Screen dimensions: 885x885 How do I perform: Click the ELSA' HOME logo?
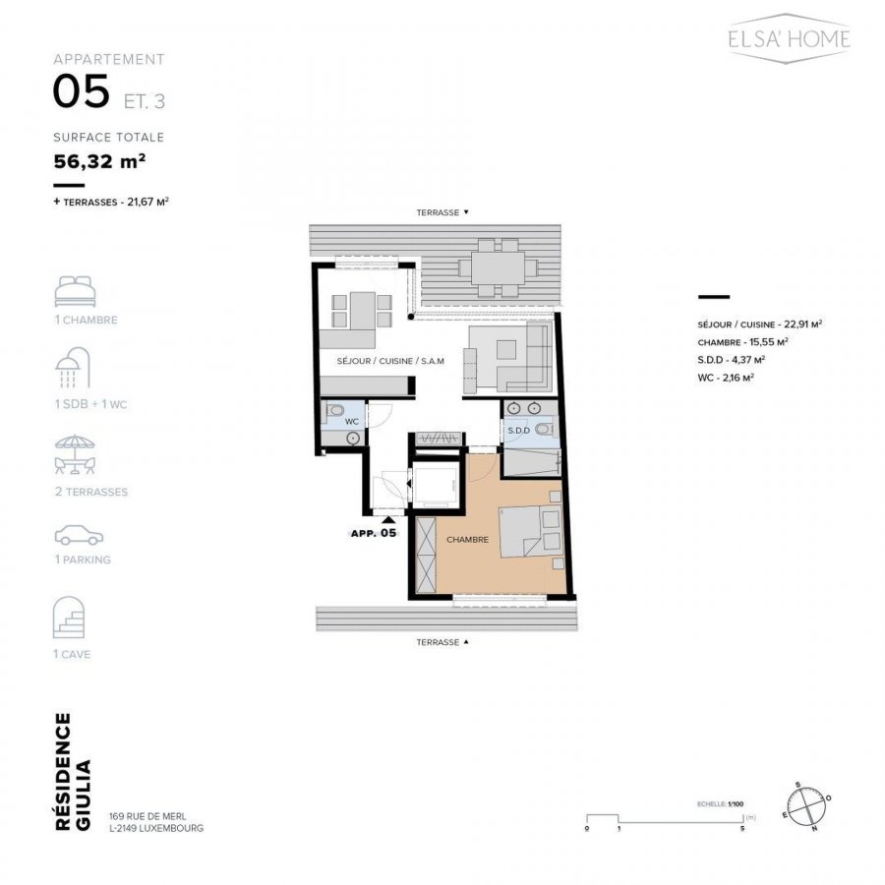tap(789, 38)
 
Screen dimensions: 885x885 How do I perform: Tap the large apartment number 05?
tap(82, 91)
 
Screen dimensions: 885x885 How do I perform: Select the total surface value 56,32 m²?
tap(100, 161)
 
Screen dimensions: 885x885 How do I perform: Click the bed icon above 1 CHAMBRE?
tap(75, 291)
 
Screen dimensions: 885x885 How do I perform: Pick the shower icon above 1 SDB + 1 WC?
tap(73, 368)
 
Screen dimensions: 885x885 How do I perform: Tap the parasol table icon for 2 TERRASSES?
tap(75, 455)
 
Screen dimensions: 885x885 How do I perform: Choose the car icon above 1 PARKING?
tap(79, 535)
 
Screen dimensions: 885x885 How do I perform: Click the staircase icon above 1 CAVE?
tap(68, 618)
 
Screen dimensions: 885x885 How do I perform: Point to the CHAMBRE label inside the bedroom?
tap(467, 540)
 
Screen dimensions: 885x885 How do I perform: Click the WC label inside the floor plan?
tap(352, 422)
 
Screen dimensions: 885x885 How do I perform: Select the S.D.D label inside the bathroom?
tap(518, 431)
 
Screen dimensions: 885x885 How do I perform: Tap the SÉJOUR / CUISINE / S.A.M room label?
tap(390, 361)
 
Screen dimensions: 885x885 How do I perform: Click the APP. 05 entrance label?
tap(374, 533)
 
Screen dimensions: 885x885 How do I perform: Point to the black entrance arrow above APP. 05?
tap(388, 520)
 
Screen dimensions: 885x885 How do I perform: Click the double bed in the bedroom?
tap(531, 532)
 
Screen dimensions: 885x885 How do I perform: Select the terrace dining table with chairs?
tap(499, 267)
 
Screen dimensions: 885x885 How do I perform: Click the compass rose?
tap(806, 807)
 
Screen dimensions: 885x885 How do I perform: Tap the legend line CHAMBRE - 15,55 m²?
tap(742, 342)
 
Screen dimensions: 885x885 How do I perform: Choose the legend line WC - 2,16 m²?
tap(726, 378)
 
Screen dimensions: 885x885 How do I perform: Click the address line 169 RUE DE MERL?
tap(147, 816)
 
